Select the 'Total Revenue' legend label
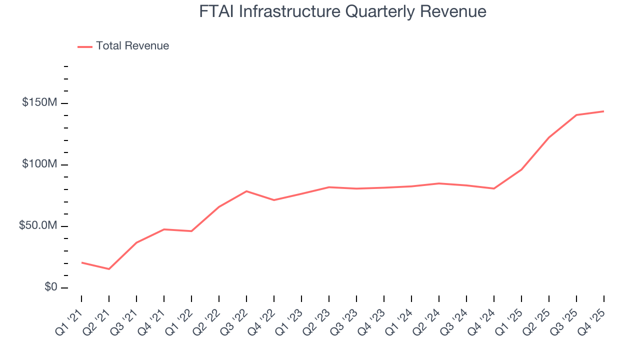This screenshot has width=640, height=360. (x=132, y=46)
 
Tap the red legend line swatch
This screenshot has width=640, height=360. (x=85, y=46)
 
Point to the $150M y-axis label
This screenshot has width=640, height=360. (x=39, y=102)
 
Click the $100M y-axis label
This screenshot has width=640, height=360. (x=39, y=164)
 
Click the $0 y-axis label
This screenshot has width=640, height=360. (x=50, y=287)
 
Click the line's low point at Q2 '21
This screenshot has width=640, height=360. (x=109, y=269)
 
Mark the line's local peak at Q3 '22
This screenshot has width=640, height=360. (x=246, y=191)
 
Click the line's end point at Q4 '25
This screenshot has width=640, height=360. (x=603, y=111)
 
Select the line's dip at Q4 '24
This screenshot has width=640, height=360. (x=494, y=188)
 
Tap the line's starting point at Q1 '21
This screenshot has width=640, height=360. (x=81, y=262)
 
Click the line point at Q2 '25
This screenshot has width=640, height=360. (x=549, y=137)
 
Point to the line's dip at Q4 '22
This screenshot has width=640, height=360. (x=274, y=200)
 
